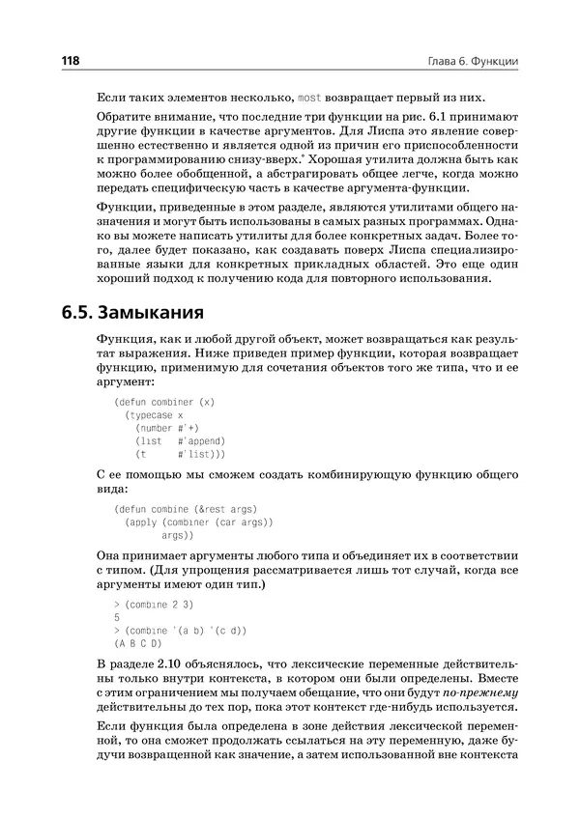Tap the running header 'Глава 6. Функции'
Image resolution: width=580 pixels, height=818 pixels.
tap(473, 62)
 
